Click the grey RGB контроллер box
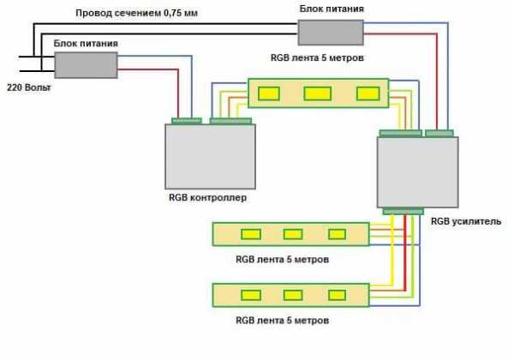(x=210, y=157)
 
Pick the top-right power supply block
(x=330, y=33)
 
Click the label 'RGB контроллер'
(x=208, y=198)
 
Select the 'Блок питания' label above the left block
(x=86, y=42)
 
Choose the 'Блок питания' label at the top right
(x=331, y=8)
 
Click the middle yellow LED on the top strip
(x=317, y=93)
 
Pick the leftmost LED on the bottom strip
(x=250, y=296)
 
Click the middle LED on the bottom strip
(x=293, y=296)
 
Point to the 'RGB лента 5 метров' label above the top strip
(x=317, y=59)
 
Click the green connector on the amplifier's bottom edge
(x=403, y=211)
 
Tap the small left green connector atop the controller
(x=186, y=121)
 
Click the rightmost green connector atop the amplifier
(x=439, y=133)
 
